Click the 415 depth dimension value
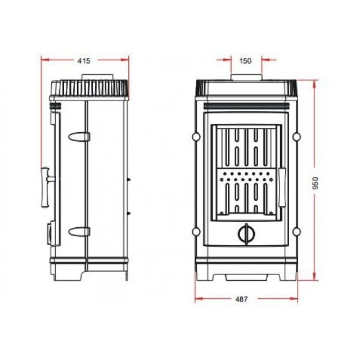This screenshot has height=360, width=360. pos(84,61)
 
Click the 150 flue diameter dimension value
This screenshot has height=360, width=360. pos(245,61)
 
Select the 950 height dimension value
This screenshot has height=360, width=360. pos(316,183)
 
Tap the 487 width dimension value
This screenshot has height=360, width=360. pos(242,299)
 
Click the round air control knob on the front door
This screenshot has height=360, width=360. pos(246,234)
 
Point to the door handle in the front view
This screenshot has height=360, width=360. pos(282,187)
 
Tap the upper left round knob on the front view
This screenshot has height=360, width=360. pos(196,137)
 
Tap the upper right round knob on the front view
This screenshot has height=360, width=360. pos(296,137)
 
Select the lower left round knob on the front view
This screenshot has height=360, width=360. pos(196,232)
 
